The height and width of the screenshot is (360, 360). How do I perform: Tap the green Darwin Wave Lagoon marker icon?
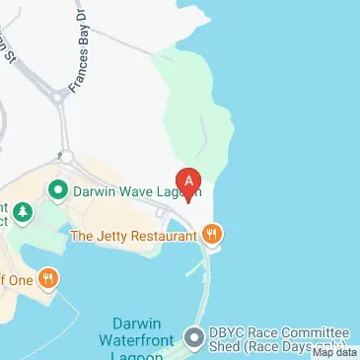click(x=58, y=188)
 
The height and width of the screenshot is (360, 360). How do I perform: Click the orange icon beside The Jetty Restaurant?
click(x=213, y=235)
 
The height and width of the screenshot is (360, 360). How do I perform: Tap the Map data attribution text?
click(x=334, y=352)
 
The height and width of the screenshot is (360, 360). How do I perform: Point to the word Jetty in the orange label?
click(x=114, y=235)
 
